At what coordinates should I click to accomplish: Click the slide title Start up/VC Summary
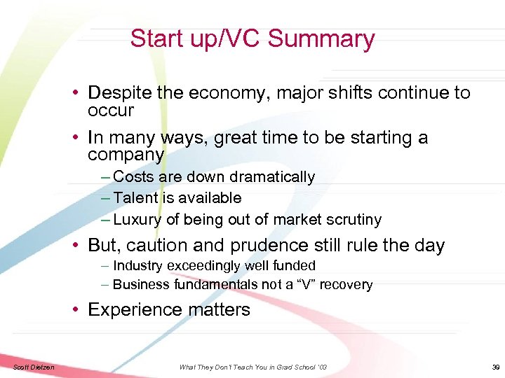click(252, 38)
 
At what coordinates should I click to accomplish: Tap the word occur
click(110, 111)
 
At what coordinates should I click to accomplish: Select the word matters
click(222, 310)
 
